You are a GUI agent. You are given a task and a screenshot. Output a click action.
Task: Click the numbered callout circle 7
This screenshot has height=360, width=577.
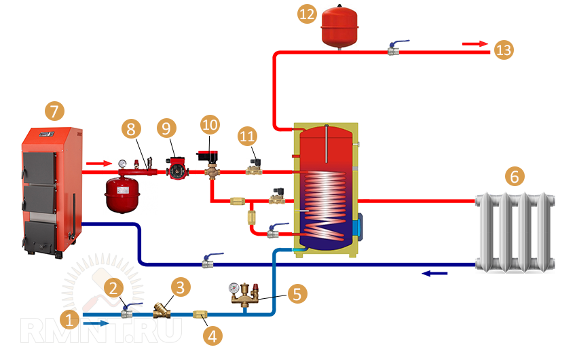tap(53, 111)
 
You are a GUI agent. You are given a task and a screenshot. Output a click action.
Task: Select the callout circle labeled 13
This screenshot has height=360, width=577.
tap(504, 50)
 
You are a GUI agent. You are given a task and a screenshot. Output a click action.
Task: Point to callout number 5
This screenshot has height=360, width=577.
tap(297, 294)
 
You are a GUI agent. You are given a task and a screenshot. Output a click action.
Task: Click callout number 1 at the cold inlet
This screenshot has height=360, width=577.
tap(69, 318)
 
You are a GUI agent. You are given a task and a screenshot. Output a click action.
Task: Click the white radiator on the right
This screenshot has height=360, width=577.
tap(515, 232)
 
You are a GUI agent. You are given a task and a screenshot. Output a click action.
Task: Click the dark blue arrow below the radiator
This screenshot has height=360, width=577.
tap(435, 274)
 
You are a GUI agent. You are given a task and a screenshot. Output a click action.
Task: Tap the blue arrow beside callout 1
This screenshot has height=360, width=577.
tap(98, 324)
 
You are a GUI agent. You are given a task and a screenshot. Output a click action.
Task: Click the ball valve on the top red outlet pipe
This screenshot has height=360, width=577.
tap(394, 48)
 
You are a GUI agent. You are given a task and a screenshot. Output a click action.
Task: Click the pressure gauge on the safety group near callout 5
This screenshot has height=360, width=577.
tap(234, 287)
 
